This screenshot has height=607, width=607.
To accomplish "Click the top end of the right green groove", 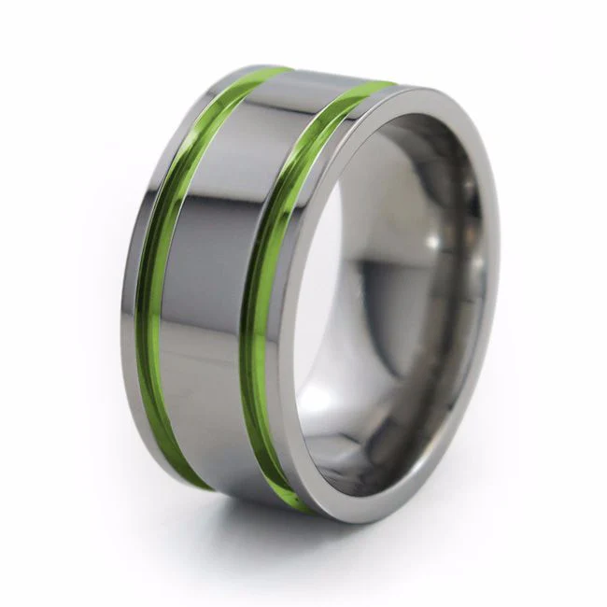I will click(x=378, y=88).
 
